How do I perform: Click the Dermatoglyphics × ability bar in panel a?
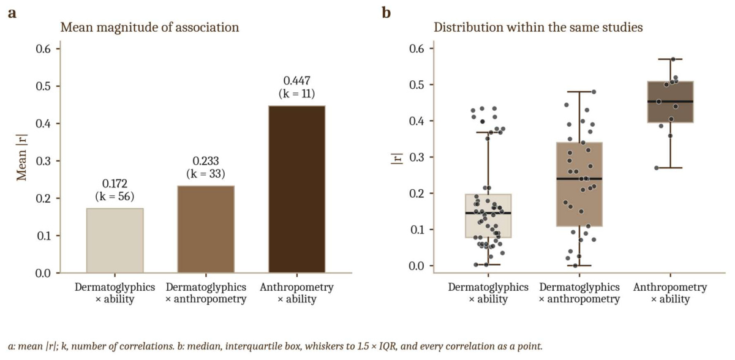(115, 241)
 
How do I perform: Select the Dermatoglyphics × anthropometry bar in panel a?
(206, 229)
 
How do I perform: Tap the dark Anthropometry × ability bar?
(296, 189)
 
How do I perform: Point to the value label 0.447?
(296, 81)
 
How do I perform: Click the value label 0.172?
(115, 184)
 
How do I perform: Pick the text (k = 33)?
(206, 174)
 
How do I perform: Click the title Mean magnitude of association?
(149, 27)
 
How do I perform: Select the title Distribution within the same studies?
(538, 27)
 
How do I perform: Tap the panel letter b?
(386, 13)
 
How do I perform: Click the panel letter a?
(12, 13)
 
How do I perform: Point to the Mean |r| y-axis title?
(21, 157)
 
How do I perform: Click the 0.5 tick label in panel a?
(43, 86)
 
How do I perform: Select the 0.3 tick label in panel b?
(417, 157)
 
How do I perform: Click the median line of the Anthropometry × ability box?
(670, 102)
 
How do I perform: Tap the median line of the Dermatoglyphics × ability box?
(488, 213)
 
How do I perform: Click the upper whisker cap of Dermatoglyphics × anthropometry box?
(579, 92)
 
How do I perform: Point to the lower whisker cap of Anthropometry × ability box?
(670, 168)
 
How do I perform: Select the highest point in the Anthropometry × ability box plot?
(673, 59)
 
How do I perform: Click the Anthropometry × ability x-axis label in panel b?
(670, 293)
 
